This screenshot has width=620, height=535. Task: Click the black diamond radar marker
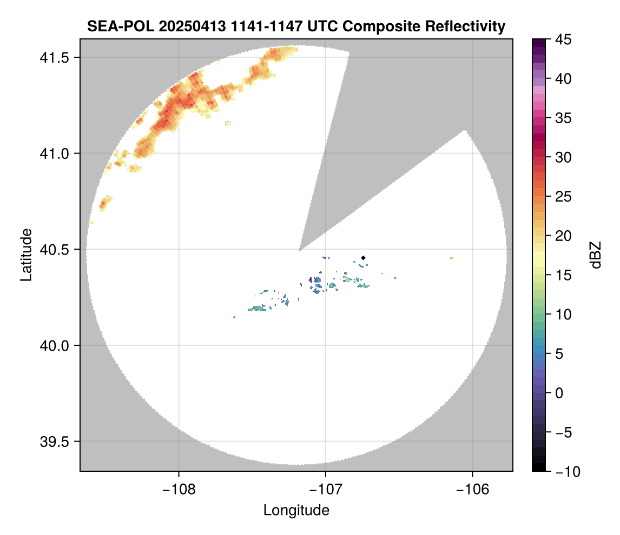coord(364,258)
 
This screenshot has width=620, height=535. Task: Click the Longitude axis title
coord(296,510)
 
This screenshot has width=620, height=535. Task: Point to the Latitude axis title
coord(26,255)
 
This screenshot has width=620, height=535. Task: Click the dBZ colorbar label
coord(595,255)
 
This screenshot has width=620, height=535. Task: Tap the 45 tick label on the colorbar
coord(563,39)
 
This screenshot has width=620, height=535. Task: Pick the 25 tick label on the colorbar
coord(563,197)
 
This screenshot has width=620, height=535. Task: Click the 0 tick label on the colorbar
coord(559,393)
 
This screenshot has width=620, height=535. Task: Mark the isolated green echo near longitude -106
coord(451,258)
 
